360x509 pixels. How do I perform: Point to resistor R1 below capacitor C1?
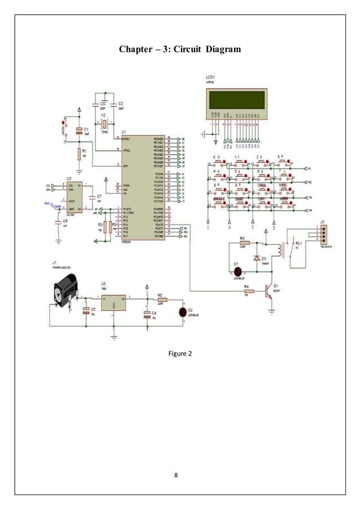click(80, 152)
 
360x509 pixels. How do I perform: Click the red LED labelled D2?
click(182, 313)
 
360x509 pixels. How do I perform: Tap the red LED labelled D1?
click(238, 264)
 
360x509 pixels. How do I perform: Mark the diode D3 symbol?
click(257, 258)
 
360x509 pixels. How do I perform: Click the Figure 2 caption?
click(181, 354)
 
